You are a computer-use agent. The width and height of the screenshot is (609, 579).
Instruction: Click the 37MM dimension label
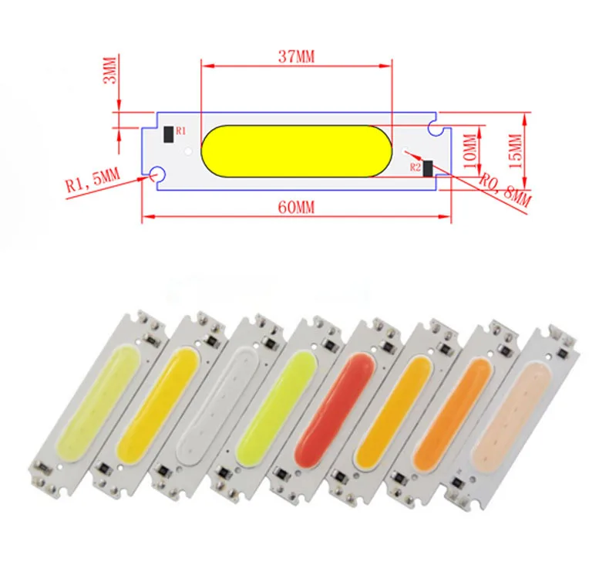pos(296,57)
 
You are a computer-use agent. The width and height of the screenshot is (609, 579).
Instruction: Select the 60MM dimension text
pos(296,207)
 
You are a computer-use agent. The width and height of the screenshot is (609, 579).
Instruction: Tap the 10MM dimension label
pos(469,151)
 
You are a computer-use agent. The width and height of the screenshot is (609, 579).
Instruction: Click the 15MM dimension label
pos(516,151)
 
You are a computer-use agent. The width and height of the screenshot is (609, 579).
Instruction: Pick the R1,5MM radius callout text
pos(93,180)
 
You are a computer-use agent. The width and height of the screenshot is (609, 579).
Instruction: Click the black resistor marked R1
pos(169,134)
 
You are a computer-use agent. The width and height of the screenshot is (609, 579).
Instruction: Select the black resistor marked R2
pos(428,168)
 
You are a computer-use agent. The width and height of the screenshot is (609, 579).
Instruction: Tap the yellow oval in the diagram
pos(296,151)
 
